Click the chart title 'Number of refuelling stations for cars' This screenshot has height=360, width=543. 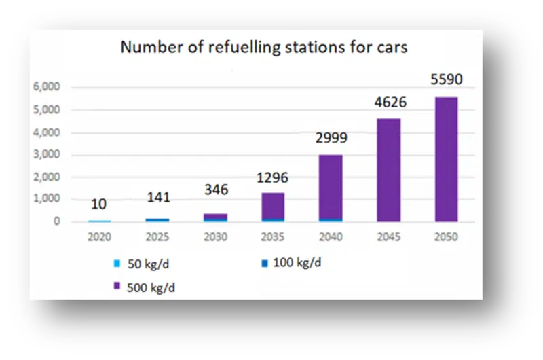point(264,47)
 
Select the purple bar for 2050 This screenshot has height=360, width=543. point(447,160)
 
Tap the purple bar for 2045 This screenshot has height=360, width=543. point(389,170)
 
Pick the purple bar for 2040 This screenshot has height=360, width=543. point(331,187)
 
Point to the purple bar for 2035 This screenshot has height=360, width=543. point(273,206)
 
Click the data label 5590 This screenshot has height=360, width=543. point(447,79)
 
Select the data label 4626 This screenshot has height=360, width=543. point(390,102)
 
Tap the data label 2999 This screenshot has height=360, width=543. point(331,138)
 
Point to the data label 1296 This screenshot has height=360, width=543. point(272,178)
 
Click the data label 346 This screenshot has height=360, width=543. point(217,190)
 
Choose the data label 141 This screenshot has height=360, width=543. point(159,197)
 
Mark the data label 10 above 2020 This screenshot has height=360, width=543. point(98,204)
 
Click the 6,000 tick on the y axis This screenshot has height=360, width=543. point(46,86)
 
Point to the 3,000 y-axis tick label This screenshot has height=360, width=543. point(46,154)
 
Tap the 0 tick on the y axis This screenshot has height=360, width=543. point(57,221)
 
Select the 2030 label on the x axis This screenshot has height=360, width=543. point(215,236)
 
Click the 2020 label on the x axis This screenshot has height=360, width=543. point(99,236)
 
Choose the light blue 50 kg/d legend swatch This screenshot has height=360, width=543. point(117,264)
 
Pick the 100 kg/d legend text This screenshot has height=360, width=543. point(297,263)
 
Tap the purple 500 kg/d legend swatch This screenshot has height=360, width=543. point(117,286)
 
